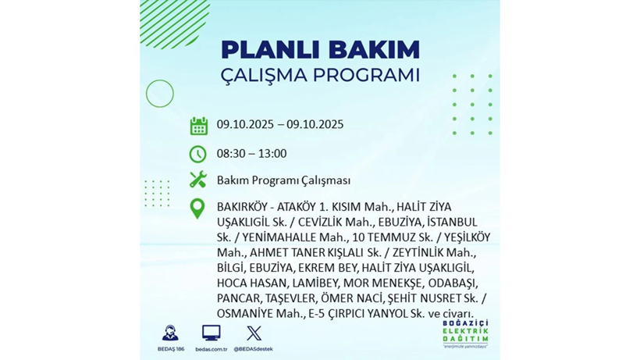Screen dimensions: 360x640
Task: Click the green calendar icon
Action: tap(198, 126)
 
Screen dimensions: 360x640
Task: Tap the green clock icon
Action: tap(198, 154)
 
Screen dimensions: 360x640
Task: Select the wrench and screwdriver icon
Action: tap(198, 180)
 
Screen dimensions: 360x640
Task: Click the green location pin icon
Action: tap(197, 209)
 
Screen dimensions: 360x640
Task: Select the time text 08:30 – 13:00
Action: tap(251, 154)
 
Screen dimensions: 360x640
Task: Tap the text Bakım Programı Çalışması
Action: tap(283, 180)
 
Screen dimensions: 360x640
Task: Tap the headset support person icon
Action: tap(169, 333)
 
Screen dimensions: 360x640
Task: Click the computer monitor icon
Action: tap(210, 333)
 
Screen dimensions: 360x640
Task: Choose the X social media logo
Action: tap(253, 333)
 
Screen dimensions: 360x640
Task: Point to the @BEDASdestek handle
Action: tap(253, 349)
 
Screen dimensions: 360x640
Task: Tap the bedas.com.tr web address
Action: tap(210, 349)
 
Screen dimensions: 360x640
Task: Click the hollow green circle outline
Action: tap(159, 94)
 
